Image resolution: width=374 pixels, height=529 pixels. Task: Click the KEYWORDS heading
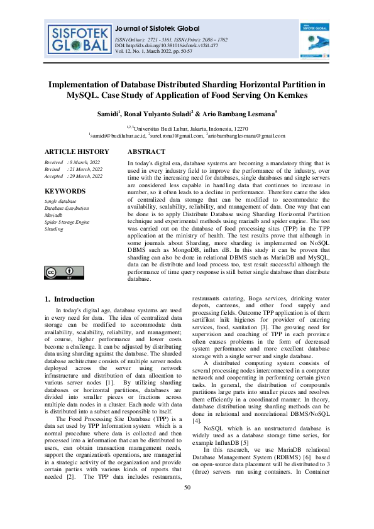pyautogui.click(x=65, y=190)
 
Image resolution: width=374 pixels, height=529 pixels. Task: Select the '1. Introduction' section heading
pyautogui.click(x=71, y=299)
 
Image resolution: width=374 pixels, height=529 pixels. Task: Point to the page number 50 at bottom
pyautogui.click(x=187, y=506)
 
